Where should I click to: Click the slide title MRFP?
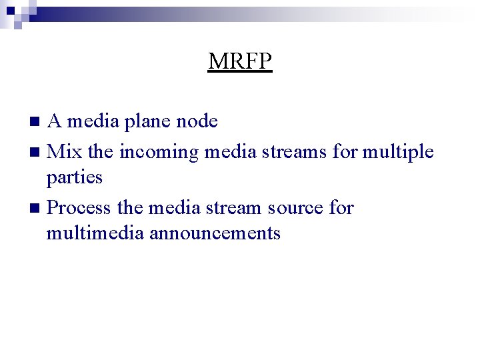240,61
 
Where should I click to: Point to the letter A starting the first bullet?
55,121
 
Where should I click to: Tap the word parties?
74,178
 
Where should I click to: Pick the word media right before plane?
90,121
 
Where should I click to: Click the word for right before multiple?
345,152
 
